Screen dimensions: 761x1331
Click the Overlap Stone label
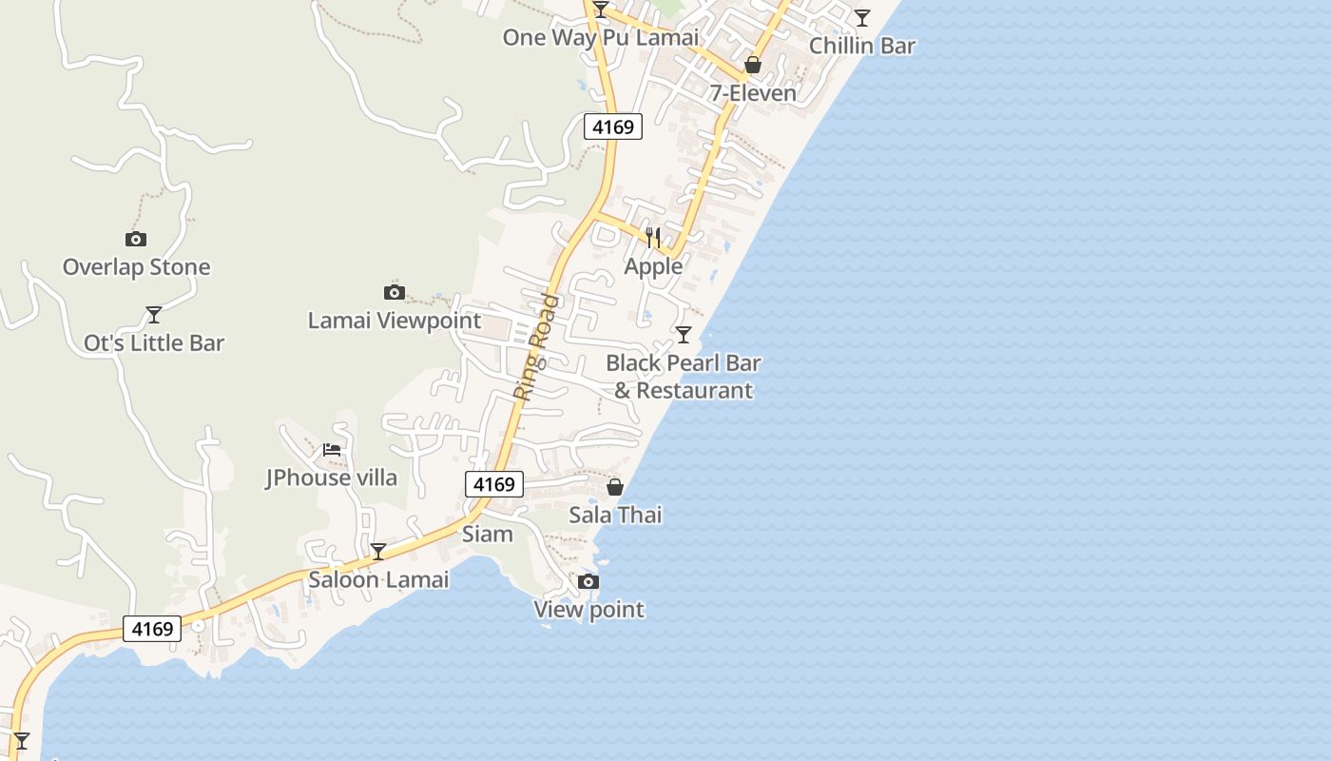coord(136,267)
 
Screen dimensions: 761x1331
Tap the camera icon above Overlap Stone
coord(136,239)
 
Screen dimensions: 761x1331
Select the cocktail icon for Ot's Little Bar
coord(153,314)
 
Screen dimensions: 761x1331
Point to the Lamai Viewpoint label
coord(394,321)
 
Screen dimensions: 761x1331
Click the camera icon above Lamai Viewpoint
coord(394,292)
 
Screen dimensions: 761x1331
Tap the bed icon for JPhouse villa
coord(332,449)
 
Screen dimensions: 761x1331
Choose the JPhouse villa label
coord(331,478)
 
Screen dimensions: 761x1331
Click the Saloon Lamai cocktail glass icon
coord(377,551)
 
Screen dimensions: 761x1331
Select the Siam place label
coord(487,534)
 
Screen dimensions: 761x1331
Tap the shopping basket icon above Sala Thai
coord(615,487)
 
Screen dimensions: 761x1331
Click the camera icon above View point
coord(588,581)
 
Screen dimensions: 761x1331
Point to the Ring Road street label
coord(536,347)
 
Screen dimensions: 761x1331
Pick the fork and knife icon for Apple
coord(653,237)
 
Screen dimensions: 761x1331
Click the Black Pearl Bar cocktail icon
coord(683,334)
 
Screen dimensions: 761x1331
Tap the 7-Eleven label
coord(753,93)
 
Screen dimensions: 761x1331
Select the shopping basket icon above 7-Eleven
coord(753,65)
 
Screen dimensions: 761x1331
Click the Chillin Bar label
coord(861,46)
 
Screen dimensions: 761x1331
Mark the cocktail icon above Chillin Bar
coord(861,17)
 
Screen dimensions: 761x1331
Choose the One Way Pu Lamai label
coord(600,38)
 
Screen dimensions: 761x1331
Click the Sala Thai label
coord(615,516)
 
